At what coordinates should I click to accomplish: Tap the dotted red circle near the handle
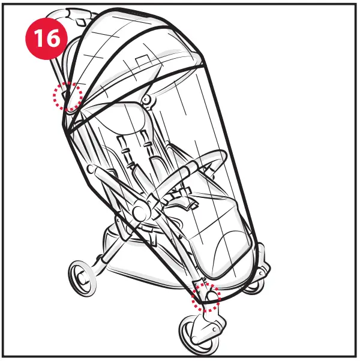tap(67, 96)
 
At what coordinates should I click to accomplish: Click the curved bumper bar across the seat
tap(198, 165)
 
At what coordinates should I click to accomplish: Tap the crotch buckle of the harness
tap(180, 198)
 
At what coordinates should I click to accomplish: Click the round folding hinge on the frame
tap(142, 211)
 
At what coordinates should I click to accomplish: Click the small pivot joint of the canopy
tap(146, 98)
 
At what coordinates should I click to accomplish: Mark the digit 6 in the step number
tap(53, 38)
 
